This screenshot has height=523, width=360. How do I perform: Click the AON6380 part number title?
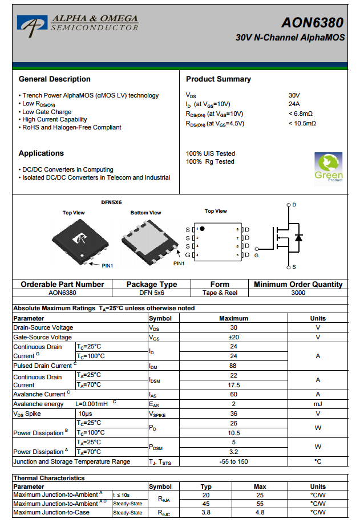pos(312,23)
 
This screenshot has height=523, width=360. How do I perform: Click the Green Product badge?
pos(329,167)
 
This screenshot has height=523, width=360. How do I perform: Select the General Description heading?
pos(54,79)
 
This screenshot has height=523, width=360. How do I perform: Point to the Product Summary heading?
pos(219,79)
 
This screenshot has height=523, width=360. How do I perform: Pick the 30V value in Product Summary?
pos(294,95)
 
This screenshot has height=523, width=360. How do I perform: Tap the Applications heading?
pos(41,153)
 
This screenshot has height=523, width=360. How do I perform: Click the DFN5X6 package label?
pos(111,202)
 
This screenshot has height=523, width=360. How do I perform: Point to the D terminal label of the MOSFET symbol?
pos(294,204)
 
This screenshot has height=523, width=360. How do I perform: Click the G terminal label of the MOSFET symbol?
pos(257,255)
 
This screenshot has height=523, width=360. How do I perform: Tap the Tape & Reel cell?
pos(220,293)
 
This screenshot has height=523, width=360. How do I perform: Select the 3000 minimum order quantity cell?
pos(298,293)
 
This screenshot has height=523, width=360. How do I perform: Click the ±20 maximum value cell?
pos(234,337)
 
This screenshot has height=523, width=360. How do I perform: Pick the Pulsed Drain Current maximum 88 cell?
pos(234,366)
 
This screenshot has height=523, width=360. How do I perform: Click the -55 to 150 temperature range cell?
pos(234,461)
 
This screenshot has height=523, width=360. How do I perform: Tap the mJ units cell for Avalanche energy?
pos(318,404)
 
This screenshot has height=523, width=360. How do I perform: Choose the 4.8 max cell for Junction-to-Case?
pos(260,513)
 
